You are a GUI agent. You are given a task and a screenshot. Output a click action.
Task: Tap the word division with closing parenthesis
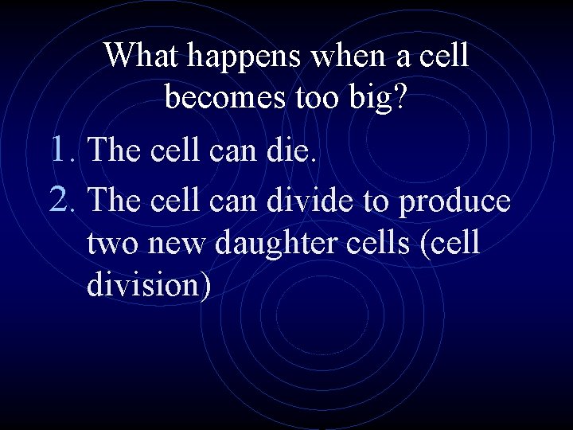149,285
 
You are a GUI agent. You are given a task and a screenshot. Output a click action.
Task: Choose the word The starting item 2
116,200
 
